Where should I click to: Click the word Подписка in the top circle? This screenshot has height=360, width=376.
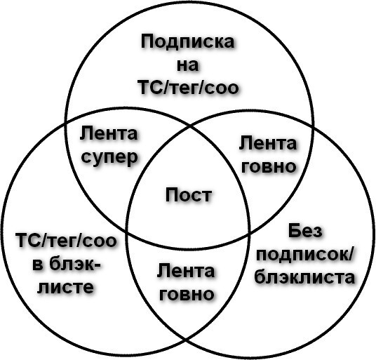click(x=187, y=41)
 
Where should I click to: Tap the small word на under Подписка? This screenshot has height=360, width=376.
click(x=188, y=65)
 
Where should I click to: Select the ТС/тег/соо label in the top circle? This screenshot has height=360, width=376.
click(x=188, y=87)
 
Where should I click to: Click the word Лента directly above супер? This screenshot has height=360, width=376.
click(x=109, y=133)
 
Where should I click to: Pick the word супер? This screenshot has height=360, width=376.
click(x=109, y=157)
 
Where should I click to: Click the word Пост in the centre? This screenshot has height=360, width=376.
click(x=189, y=194)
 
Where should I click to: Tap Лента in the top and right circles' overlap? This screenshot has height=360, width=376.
click(x=268, y=143)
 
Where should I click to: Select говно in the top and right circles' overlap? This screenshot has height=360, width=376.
click(x=269, y=166)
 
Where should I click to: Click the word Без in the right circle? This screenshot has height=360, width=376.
click(x=305, y=231)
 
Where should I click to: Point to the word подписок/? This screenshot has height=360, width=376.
click(x=304, y=255)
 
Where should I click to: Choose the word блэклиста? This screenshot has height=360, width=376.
click(x=304, y=277)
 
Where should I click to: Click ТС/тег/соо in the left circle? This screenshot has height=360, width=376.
click(x=66, y=241)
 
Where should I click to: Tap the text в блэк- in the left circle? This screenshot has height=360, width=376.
click(x=67, y=264)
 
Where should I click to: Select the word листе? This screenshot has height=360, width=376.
click(x=65, y=287)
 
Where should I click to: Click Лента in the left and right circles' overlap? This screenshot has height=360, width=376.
click(x=186, y=271)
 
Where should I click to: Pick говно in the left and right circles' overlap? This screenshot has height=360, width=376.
click(x=187, y=294)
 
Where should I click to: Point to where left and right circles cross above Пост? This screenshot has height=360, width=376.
click(x=189, y=126)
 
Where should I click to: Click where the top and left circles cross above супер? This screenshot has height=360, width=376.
click(x=65, y=124)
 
